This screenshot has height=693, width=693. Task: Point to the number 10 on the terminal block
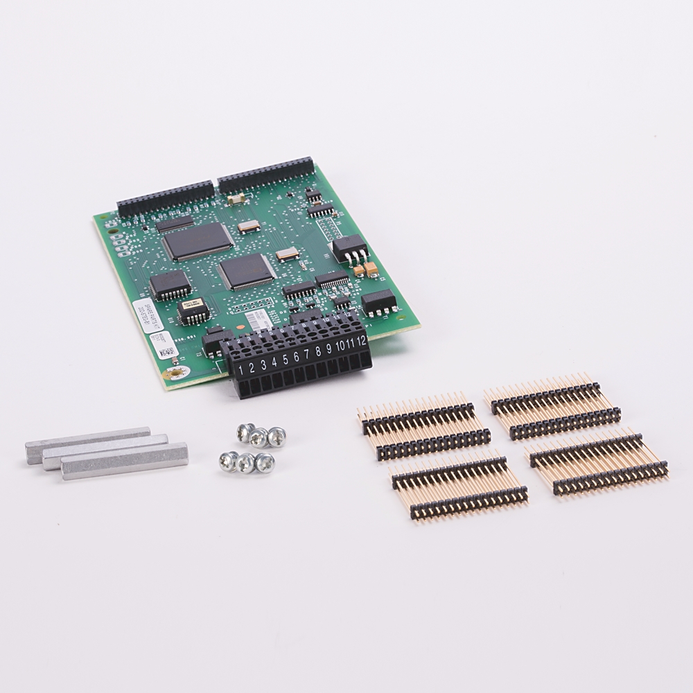[x=340, y=345]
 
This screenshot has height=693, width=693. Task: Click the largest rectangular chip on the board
[x=198, y=241]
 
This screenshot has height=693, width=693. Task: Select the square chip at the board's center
[x=247, y=271]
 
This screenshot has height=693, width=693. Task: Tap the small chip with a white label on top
[x=192, y=311]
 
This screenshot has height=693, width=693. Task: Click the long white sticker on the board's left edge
[x=140, y=314]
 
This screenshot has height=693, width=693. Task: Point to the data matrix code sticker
[x=163, y=352]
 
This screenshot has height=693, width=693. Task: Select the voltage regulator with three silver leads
[x=349, y=249]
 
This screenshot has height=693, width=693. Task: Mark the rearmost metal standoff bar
[x=87, y=444]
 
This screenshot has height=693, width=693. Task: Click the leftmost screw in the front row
[x=227, y=459]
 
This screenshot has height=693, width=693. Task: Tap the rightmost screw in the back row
[x=277, y=436]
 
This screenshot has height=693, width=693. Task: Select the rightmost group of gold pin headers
[x=599, y=460]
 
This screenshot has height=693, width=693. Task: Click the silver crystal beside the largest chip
[x=249, y=226]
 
